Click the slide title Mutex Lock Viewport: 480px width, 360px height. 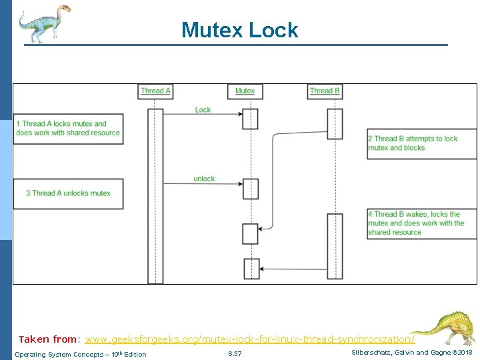(x=239, y=30)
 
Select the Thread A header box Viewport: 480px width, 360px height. (x=156, y=91)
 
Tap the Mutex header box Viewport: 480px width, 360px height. (x=245, y=91)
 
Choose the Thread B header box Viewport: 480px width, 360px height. (x=325, y=91)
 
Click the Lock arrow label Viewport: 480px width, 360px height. (x=203, y=110)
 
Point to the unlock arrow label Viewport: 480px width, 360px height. (x=204, y=179)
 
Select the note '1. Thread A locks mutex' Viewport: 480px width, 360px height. (x=69, y=128)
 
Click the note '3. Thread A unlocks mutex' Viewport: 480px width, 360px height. (x=69, y=193)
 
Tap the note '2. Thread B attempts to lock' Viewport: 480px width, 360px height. (x=422, y=143)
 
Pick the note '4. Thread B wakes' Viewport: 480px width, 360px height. (x=422, y=223)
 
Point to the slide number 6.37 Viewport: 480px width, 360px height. (x=235, y=353)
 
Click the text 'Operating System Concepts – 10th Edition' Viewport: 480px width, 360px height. (x=81, y=354)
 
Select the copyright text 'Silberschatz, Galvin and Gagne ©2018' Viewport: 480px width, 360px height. (x=411, y=352)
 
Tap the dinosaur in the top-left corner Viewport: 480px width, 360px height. (x=44, y=23)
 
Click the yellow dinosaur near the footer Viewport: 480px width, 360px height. (x=443, y=328)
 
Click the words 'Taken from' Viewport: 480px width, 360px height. (x=47, y=339)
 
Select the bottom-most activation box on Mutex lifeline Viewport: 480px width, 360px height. (x=250, y=268)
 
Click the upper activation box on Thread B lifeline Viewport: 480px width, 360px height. (x=335, y=123)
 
